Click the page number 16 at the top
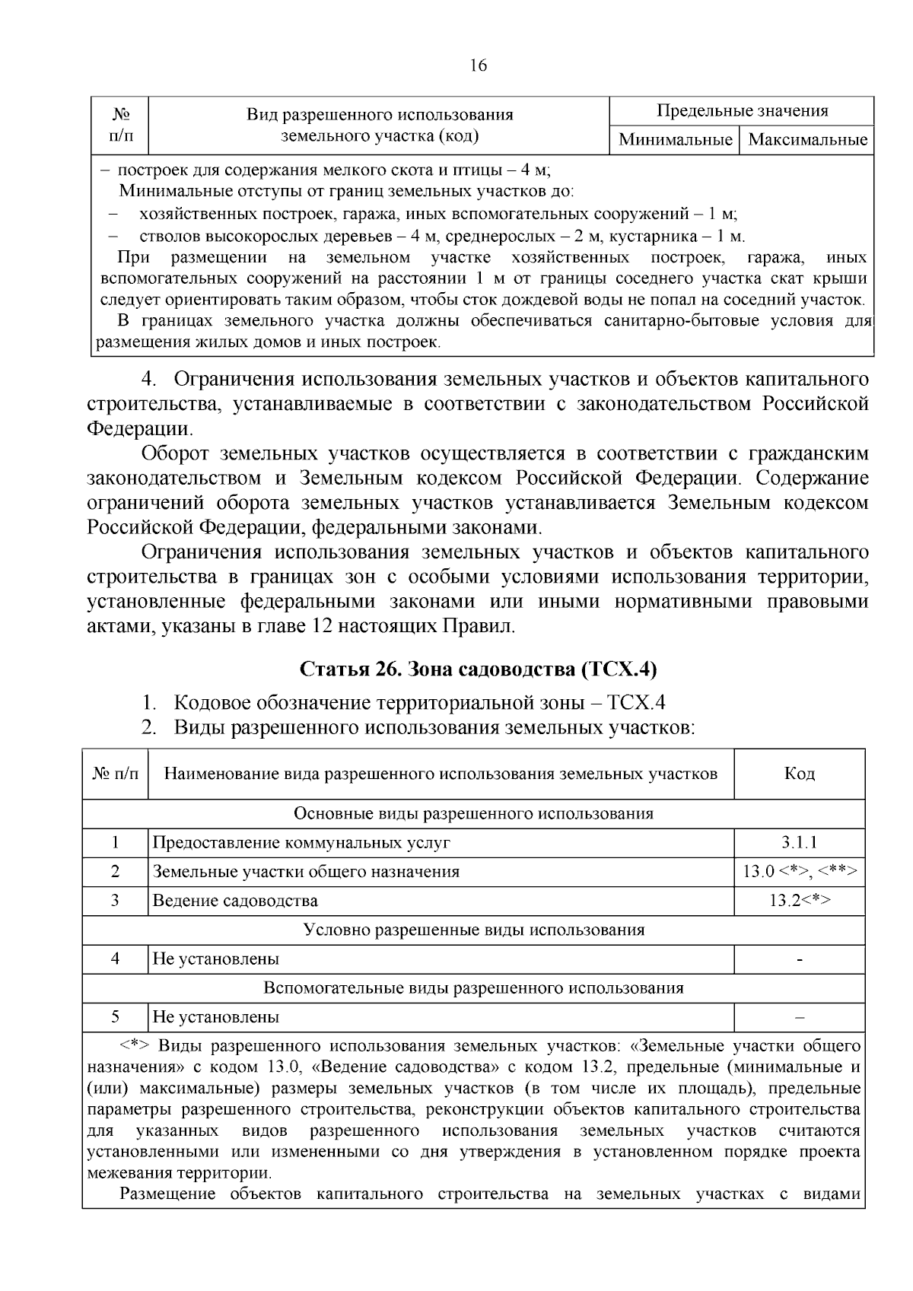(x=478, y=65)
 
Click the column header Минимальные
(x=675, y=140)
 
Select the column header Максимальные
(x=807, y=140)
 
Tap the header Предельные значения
(x=742, y=111)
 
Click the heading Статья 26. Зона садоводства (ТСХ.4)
(x=478, y=669)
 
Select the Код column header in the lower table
(x=799, y=774)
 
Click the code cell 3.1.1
(x=799, y=842)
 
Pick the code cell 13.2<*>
(x=799, y=901)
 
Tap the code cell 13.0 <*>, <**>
(x=800, y=872)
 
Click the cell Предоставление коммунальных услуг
(x=301, y=843)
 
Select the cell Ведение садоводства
(x=235, y=901)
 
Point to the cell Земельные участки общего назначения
(x=306, y=872)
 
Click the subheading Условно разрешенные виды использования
(x=473, y=930)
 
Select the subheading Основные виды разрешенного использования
(x=473, y=813)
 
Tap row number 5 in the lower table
(x=115, y=1016)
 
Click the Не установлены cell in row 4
(x=216, y=959)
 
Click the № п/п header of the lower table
(x=116, y=774)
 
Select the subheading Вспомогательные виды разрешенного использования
(x=473, y=987)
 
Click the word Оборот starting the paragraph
(x=175, y=454)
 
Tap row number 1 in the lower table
(x=115, y=842)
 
